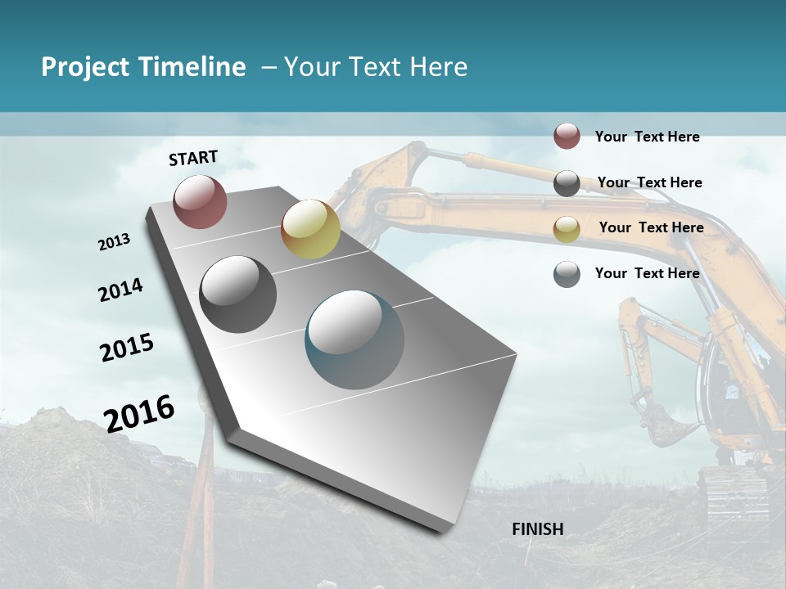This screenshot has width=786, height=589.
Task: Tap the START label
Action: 193,158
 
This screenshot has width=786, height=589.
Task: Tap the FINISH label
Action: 538,529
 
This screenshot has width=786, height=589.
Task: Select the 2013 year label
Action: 115,242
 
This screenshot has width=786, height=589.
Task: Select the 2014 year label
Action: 121,290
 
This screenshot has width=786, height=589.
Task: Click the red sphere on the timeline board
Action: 200,201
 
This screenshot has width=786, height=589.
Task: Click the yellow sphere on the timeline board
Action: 310,229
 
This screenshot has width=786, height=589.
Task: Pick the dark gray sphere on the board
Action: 238,294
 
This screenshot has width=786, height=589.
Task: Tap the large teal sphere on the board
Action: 355,339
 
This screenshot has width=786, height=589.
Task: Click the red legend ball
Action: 567,136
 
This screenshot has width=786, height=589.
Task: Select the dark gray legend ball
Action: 567,183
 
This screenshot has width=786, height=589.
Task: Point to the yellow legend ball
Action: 567,228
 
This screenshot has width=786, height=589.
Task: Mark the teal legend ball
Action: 567,274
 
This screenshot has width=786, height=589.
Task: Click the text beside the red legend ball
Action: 647,137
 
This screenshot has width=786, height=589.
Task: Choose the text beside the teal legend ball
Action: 647,273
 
